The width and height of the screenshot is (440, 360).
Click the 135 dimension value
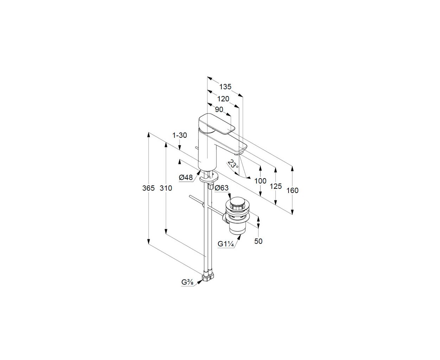(225, 86)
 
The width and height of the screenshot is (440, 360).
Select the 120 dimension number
(223, 99)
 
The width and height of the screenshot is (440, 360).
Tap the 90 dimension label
(219, 109)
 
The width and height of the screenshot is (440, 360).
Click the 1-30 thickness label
(180, 135)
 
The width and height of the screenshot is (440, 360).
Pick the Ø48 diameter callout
(186, 178)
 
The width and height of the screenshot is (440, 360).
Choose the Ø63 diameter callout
(221, 188)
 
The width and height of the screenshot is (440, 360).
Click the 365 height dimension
(148, 188)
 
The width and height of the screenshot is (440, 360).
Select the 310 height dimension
(166, 188)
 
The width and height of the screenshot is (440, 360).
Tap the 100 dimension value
(260, 181)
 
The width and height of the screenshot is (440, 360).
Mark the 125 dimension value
(276, 186)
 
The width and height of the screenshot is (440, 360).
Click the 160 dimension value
(292, 190)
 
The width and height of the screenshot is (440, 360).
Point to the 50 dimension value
(258, 241)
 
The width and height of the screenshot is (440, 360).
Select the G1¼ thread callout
(225, 244)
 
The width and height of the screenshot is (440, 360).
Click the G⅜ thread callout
(188, 282)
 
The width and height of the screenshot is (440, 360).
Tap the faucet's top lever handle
(216, 124)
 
